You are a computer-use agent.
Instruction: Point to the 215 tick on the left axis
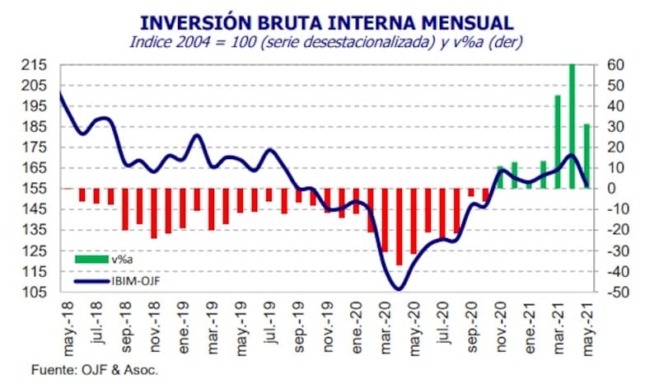click(36, 65)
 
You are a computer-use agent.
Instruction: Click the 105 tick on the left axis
click(36, 292)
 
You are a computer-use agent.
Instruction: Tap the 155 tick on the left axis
click(36, 189)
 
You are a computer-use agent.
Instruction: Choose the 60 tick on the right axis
click(619, 65)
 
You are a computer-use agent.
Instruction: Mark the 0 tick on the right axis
click(615, 189)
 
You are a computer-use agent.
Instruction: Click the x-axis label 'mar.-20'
click(386, 325)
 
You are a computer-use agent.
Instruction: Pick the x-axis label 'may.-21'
click(588, 325)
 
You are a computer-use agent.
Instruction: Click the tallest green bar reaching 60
click(573, 126)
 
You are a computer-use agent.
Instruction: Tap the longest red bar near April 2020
click(400, 227)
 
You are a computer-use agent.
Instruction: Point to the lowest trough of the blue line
click(399, 288)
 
